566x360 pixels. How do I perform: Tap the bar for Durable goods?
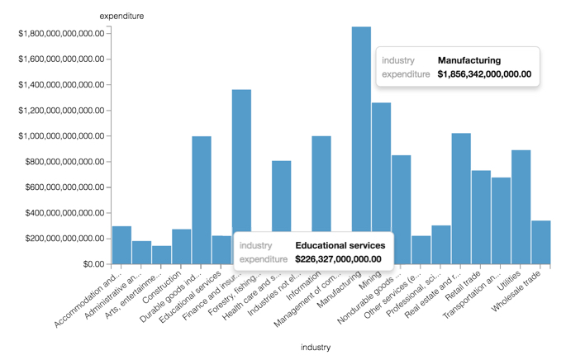(202, 198)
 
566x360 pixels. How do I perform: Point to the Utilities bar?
(521, 206)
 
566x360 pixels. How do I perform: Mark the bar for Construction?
(182, 246)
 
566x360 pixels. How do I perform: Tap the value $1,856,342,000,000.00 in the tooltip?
(483, 74)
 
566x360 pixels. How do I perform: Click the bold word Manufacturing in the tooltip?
(468, 60)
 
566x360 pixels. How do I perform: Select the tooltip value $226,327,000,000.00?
(338, 259)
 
